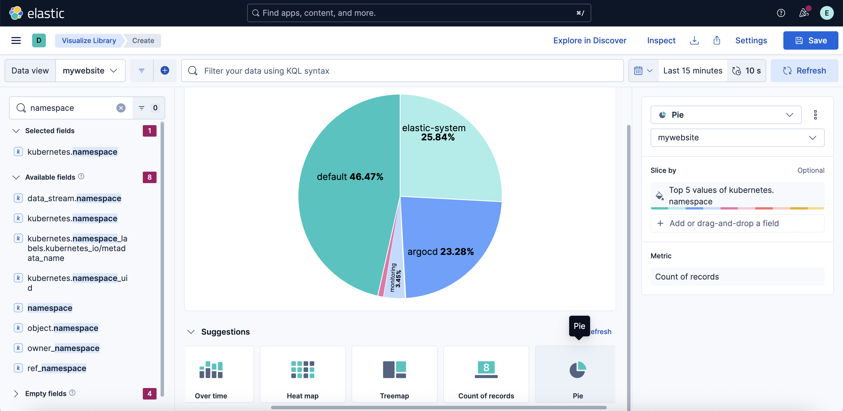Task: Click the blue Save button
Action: click(x=810, y=40)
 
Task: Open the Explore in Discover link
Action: click(x=589, y=40)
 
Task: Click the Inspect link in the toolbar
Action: click(x=661, y=40)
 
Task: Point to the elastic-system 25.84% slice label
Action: click(x=434, y=132)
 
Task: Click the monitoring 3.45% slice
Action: click(x=395, y=278)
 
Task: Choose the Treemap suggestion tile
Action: click(x=394, y=374)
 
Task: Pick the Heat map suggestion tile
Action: click(x=303, y=374)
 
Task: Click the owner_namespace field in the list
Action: click(x=63, y=348)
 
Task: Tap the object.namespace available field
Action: click(x=63, y=328)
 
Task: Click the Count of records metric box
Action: click(x=737, y=277)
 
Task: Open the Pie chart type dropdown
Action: click(x=725, y=115)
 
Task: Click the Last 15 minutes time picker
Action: click(x=692, y=71)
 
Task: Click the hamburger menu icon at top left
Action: click(x=16, y=40)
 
